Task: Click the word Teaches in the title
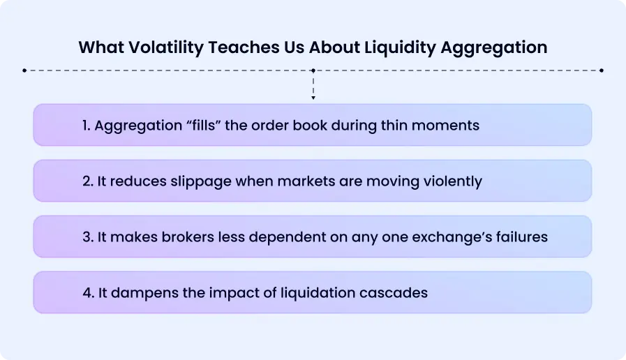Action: tap(225, 47)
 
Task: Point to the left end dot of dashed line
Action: tap(24, 70)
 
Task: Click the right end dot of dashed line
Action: tap(602, 70)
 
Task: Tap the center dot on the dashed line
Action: tap(313, 70)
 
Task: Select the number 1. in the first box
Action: tap(87, 126)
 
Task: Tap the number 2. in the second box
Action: tap(88, 181)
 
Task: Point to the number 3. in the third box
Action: tap(88, 237)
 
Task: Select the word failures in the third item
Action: tap(520, 237)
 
